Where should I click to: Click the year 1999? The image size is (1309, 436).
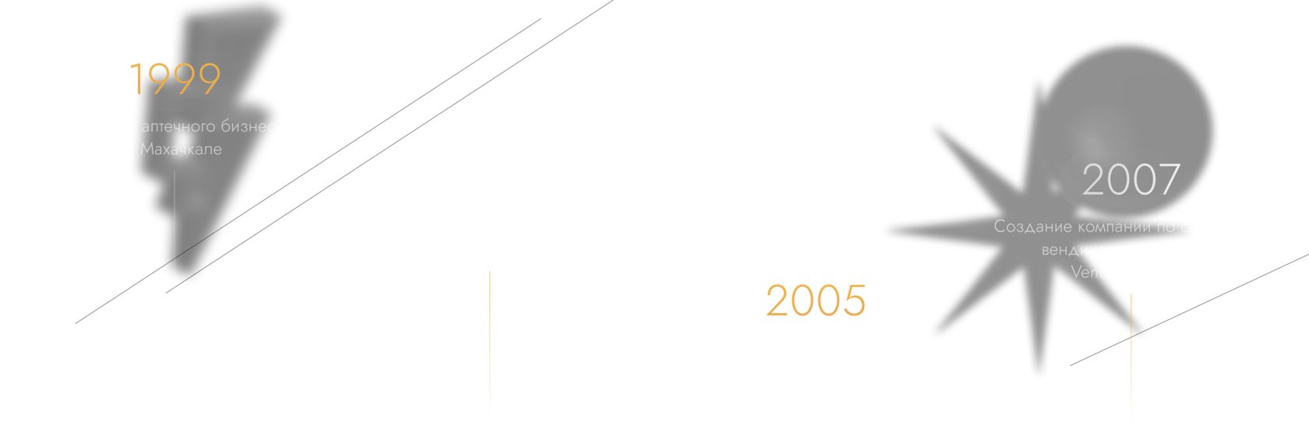175,79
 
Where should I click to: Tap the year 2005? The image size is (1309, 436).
815,301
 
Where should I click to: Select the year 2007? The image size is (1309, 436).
1131,180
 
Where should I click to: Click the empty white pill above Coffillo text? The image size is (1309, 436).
489,181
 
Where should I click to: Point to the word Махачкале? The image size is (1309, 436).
181,149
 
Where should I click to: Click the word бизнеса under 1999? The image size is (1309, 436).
252,126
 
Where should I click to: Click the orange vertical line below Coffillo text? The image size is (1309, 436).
489,343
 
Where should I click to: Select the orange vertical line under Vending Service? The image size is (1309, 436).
1131,358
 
